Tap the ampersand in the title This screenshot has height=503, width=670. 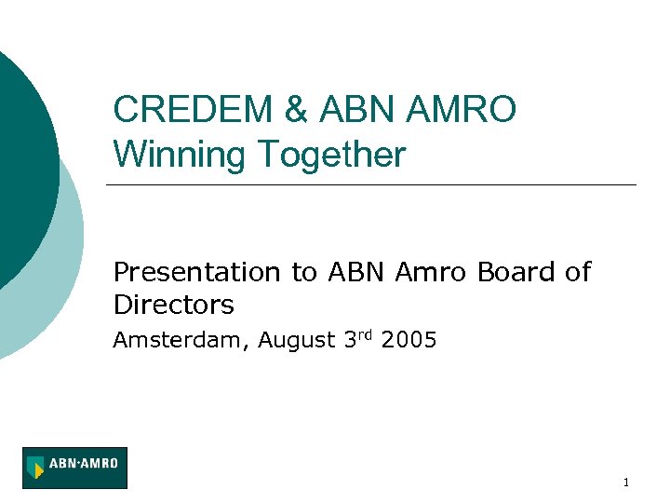point(296,110)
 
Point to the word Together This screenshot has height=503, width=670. point(332,154)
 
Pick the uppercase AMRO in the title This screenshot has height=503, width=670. point(462,110)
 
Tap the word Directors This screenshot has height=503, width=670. point(173,305)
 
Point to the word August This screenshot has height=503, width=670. point(294,341)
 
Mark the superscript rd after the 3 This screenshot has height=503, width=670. point(365,335)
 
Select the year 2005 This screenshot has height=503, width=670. point(409,341)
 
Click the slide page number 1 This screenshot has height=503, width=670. point(626,483)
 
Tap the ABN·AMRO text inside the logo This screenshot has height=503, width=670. point(84,461)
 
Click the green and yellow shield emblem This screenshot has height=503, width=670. point(36,468)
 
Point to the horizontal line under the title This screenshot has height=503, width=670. point(372,184)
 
